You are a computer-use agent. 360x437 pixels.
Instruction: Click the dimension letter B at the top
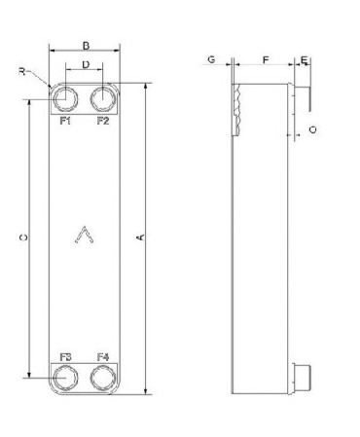tap(86, 46)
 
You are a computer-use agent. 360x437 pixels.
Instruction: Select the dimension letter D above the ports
tap(86, 65)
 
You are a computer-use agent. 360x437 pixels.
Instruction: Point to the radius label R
tap(21, 71)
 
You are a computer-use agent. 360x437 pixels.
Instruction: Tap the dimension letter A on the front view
tap(141, 237)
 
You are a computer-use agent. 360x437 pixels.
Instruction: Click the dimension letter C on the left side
tap(23, 237)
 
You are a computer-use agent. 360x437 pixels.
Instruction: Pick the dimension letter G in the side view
tap(211, 59)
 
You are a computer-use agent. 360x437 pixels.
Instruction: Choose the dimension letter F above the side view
tap(266, 60)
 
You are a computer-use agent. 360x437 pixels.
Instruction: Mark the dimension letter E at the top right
tap(304, 60)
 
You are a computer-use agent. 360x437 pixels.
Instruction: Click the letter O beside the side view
tap(312, 129)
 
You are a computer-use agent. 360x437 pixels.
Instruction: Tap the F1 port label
tap(65, 121)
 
